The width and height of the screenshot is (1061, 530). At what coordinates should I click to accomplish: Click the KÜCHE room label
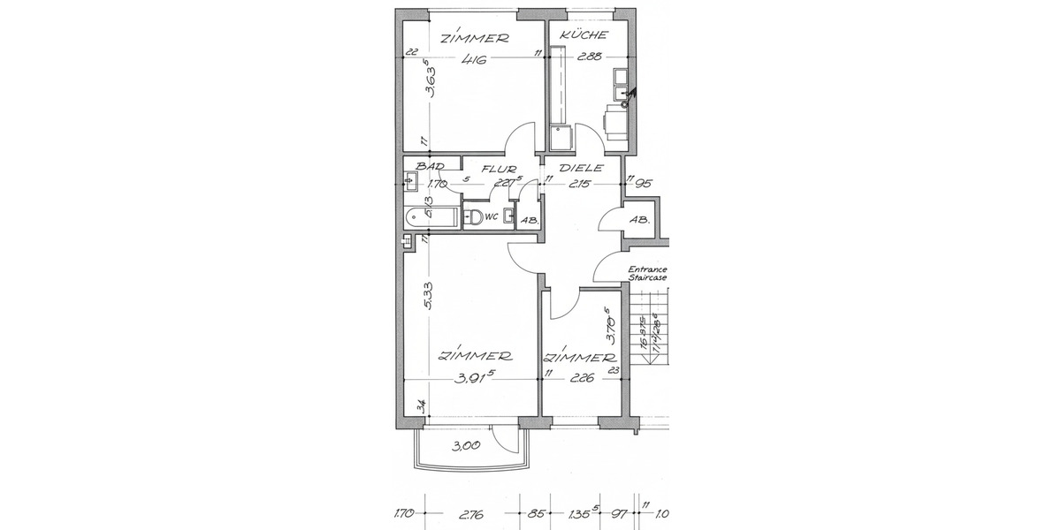(584, 35)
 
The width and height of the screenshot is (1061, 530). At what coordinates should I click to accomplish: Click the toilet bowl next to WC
(475, 217)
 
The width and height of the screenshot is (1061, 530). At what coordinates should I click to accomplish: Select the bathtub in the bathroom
(429, 216)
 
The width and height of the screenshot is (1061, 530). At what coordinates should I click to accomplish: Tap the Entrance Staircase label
(647, 273)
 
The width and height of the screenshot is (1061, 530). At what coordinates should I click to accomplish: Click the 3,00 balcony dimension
(466, 446)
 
